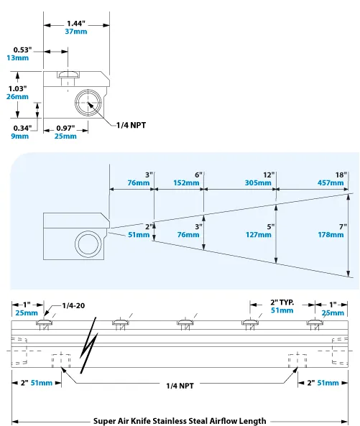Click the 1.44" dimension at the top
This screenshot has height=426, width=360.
[x=76, y=23]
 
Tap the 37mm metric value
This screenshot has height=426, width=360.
[x=76, y=32]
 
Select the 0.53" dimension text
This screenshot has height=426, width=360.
[x=21, y=50]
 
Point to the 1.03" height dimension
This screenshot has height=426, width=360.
[x=17, y=88]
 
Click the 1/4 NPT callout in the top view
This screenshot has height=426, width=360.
[x=132, y=125]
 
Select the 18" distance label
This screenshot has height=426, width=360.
[x=341, y=175]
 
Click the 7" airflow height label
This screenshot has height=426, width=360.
[x=343, y=226]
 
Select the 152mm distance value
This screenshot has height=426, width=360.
[x=188, y=183]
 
